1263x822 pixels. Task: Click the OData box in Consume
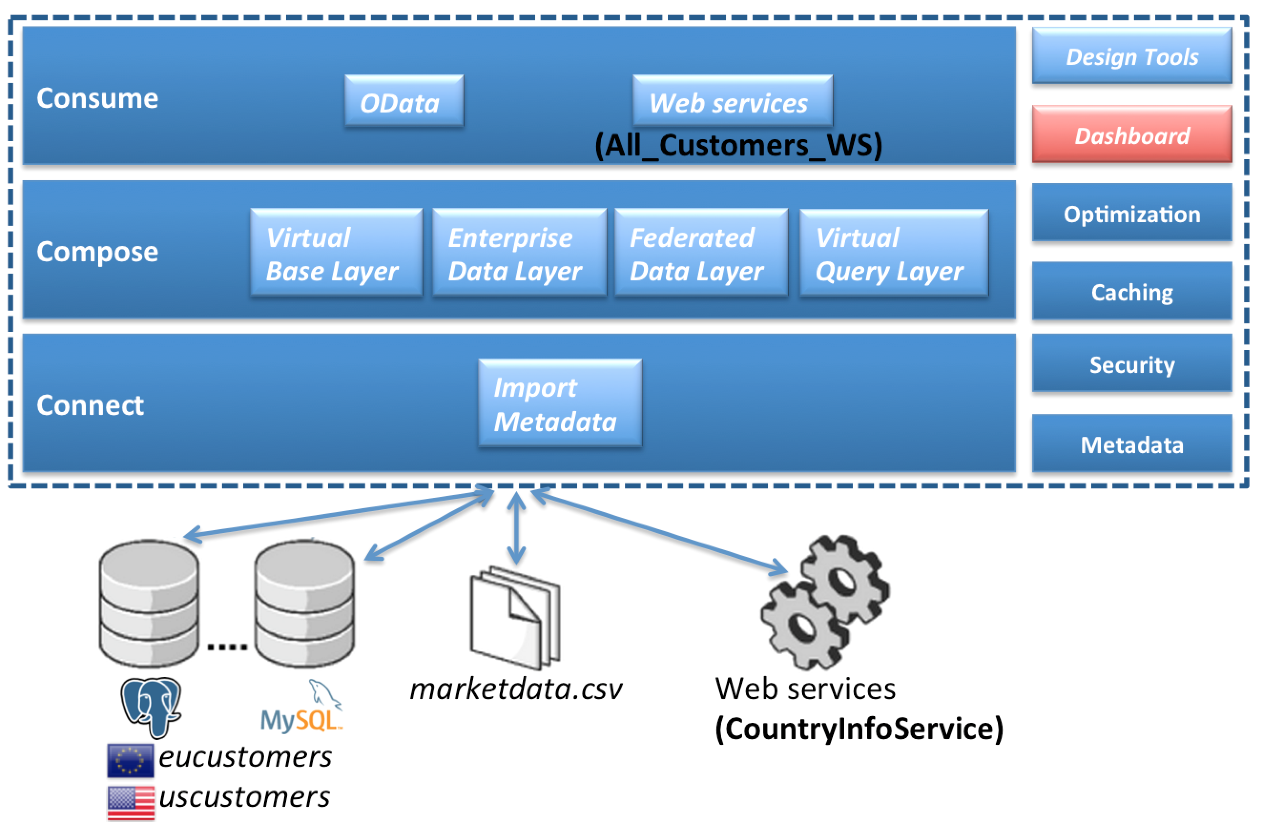404,101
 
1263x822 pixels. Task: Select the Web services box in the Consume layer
732,101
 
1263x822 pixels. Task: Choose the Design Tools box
1131,56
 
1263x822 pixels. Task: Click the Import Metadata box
560,403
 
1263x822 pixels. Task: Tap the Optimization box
1131,213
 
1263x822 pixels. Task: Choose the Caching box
1131,291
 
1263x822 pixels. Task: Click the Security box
1131,364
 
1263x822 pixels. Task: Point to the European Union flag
130,760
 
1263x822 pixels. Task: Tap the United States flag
131,801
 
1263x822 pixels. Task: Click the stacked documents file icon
515,618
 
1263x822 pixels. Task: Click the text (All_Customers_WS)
738,145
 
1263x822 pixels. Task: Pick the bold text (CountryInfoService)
859,729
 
